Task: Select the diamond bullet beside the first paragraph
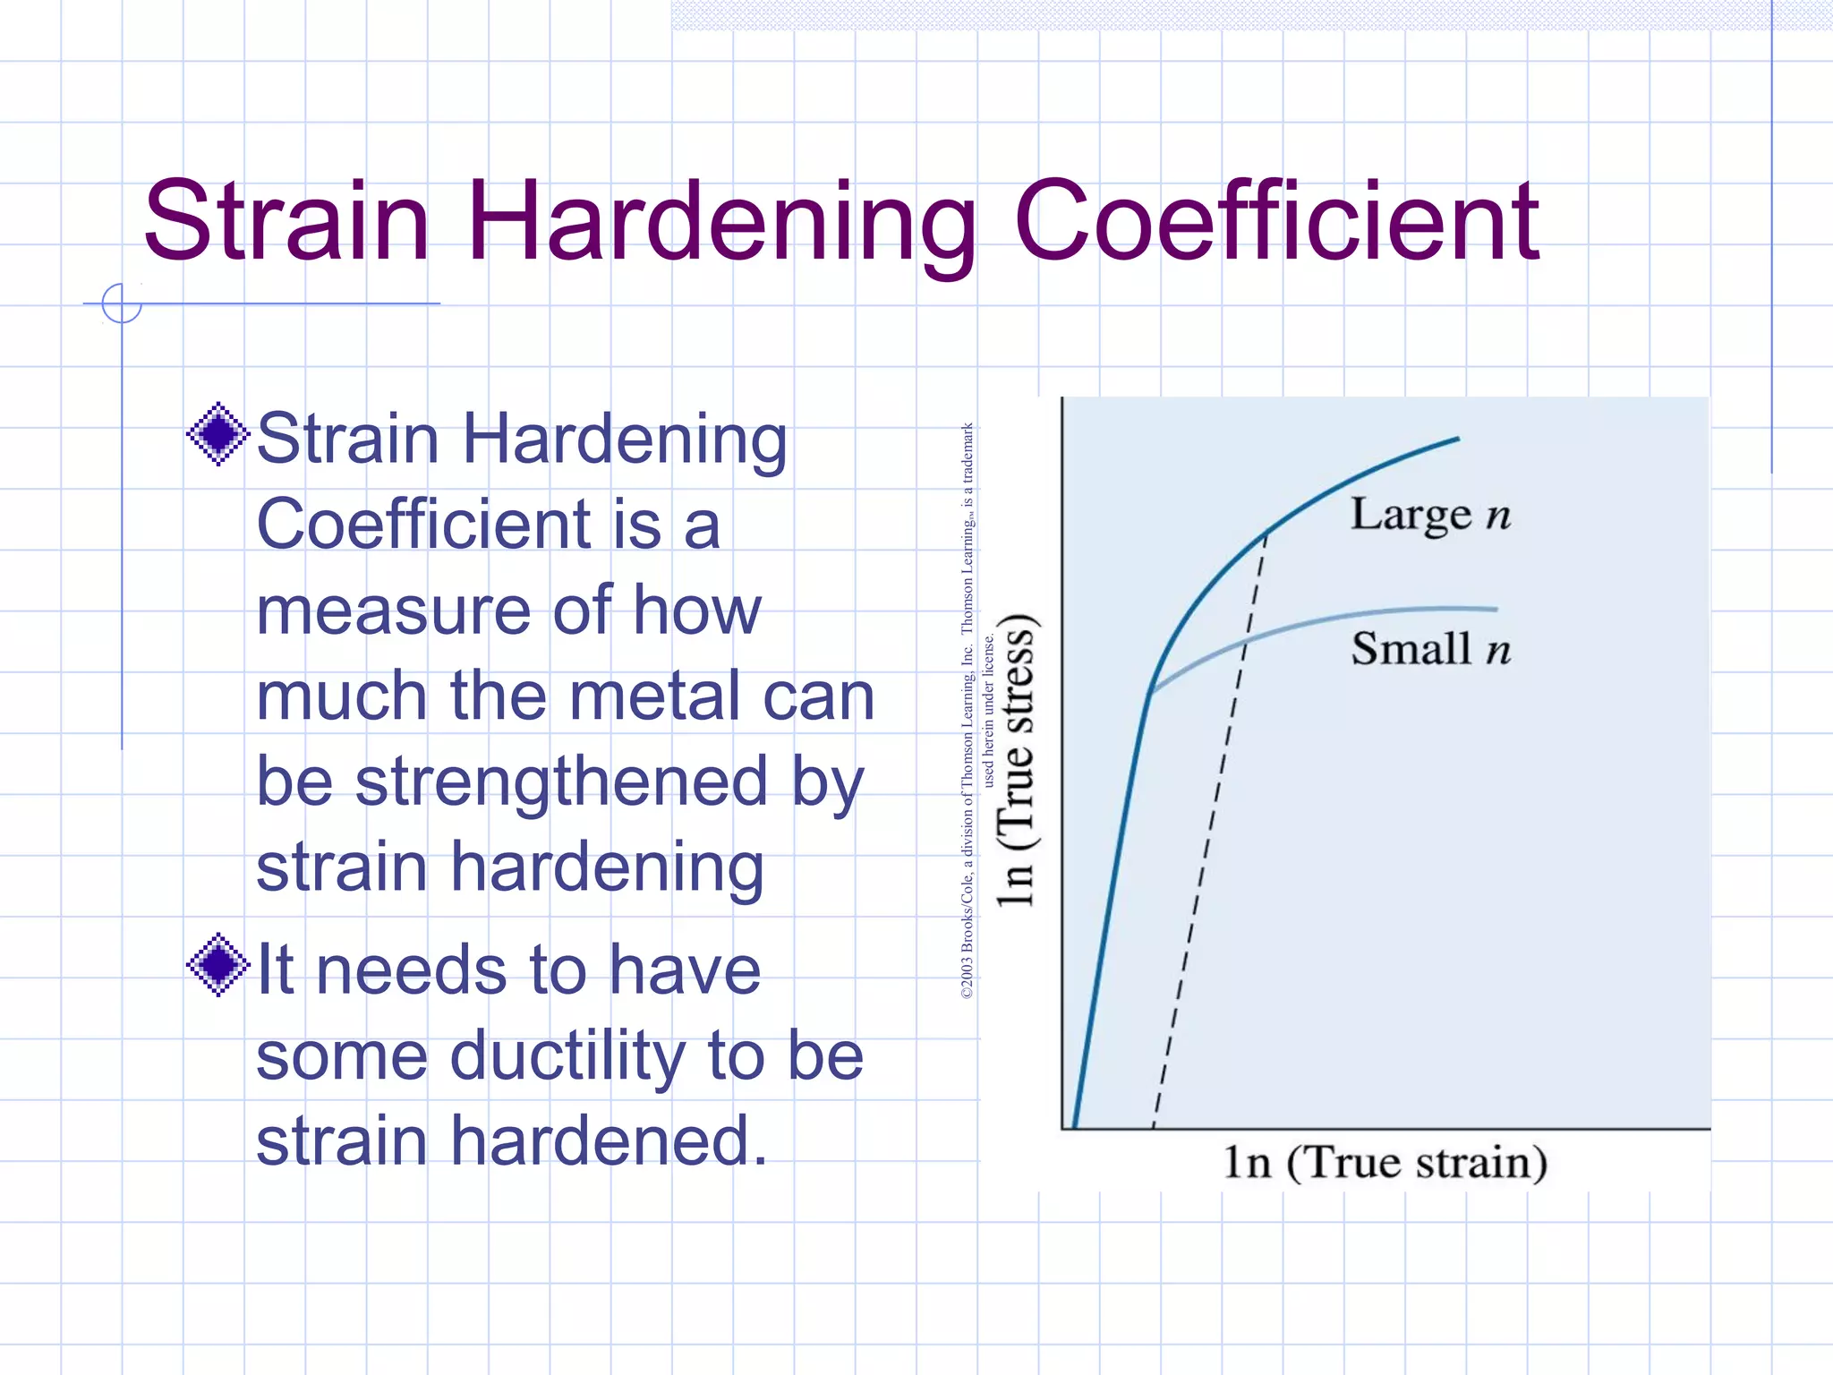217,435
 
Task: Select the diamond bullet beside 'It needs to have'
217,965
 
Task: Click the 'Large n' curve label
1429,515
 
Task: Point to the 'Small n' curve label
1429,649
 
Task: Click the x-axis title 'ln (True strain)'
1385,1163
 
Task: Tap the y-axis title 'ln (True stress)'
1018,761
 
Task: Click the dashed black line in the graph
1208,833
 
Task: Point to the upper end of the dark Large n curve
1457,440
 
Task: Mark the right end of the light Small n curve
1495,610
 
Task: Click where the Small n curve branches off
1152,691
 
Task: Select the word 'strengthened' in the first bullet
562,781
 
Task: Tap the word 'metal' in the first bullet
642,696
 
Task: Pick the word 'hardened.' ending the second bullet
609,1141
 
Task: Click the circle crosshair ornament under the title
122,303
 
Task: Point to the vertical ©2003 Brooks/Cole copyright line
968,712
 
